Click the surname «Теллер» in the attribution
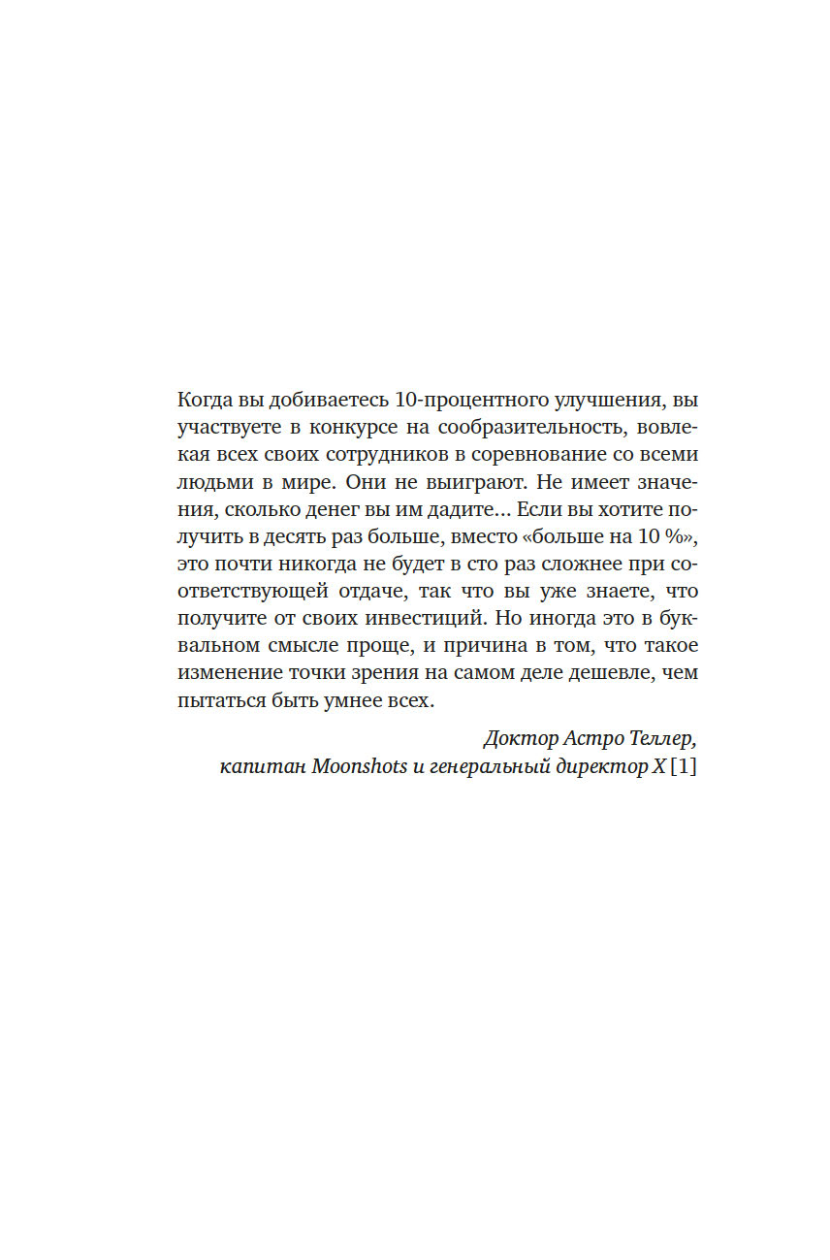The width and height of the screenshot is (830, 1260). [x=663, y=739]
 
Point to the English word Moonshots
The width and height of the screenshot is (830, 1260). [x=357, y=767]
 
